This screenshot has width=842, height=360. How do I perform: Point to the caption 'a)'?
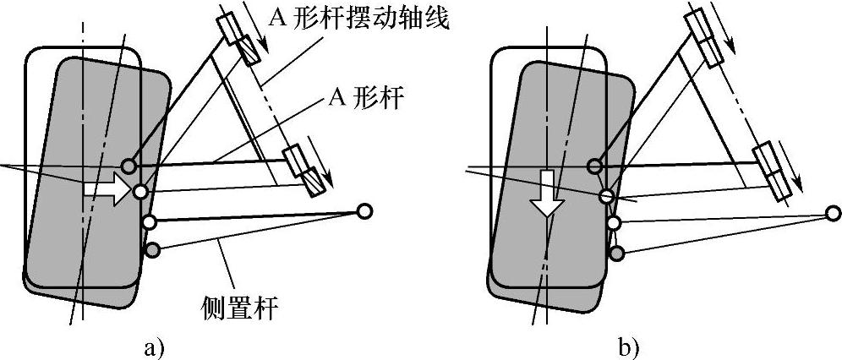(x=153, y=346)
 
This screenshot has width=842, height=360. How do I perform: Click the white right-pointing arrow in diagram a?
(x=107, y=190)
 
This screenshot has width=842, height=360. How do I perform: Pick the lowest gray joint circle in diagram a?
(x=152, y=250)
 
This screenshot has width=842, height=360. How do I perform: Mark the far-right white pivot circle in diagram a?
(x=365, y=211)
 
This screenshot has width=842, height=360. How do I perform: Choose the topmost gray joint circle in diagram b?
(x=595, y=166)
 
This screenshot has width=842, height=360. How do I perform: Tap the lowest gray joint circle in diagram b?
(x=618, y=253)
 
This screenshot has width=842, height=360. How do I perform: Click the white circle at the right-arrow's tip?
(x=140, y=192)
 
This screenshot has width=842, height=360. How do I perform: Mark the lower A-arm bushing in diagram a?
(x=302, y=171)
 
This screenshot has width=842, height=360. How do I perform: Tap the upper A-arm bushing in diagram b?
(x=704, y=39)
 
